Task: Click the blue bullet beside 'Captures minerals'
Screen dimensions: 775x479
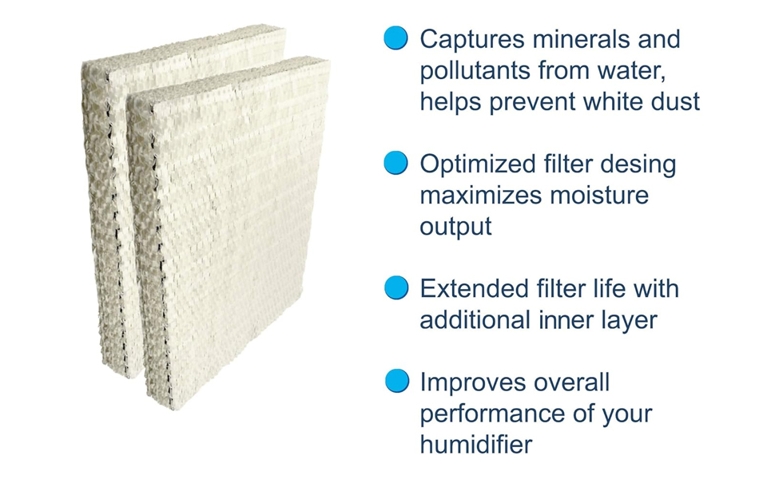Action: (x=396, y=38)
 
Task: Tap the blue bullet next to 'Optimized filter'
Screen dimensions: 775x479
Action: (x=396, y=163)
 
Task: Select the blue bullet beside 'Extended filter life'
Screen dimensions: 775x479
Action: (x=396, y=287)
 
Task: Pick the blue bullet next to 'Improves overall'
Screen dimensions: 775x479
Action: (x=397, y=381)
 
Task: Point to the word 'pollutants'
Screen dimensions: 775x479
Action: (x=475, y=71)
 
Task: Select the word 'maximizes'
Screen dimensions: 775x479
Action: (x=481, y=196)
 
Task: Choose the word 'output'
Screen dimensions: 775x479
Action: (x=455, y=228)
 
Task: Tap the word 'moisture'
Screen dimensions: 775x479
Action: (x=599, y=196)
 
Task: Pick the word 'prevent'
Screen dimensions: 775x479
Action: (x=535, y=103)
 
